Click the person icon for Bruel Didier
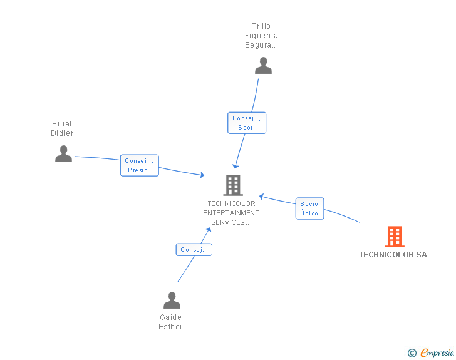pyautogui.click(x=63, y=154)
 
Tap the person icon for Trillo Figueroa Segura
pyautogui.click(x=263, y=66)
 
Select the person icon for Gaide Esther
pyautogui.click(x=172, y=301)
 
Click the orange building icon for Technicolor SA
pyautogui.click(x=394, y=237)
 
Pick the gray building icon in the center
pyautogui.click(x=232, y=185)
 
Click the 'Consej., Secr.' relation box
pyautogui.click(x=246, y=123)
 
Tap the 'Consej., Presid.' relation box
pyautogui.click(x=139, y=165)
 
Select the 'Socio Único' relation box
pyautogui.click(x=309, y=208)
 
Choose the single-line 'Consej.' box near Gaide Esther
pyautogui.click(x=194, y=250)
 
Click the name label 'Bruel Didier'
pyautogui.click(x=62, y=128)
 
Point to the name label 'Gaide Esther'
pyautogui.click(x=170, y=322)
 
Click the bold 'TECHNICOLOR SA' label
pyautogui.click(x=393, y=255)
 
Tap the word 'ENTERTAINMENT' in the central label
pyautogui.click(x=231, y=213)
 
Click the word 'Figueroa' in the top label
pyautogui.click(x=261, y=36)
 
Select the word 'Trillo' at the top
pyautogui.click(x=261, y=26)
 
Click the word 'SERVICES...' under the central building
pyautogui.click(x=231, y=222)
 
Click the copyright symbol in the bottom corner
pyautogui.click(x=412, y=353)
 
